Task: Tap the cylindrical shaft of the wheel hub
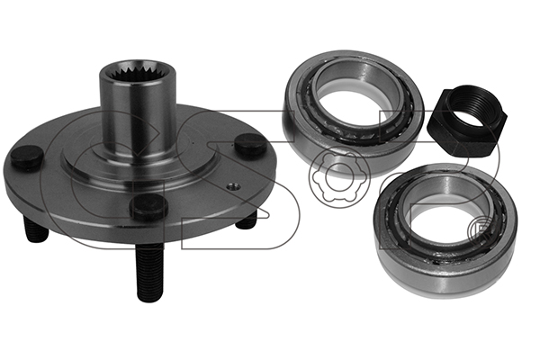pos(139,113)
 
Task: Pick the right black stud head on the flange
pos(251,145)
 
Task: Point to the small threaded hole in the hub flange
pos(230,186)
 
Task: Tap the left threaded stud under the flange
pos(36,228)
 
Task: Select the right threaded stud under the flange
pos(246,220)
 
